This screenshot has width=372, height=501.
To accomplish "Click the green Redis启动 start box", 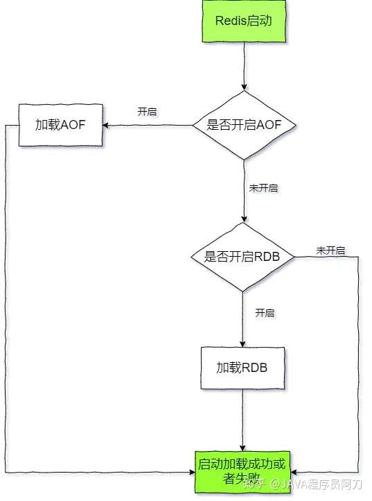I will point(243,21).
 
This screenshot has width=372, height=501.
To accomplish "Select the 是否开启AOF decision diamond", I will point(243,126).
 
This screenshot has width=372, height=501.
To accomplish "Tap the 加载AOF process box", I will point(61,126).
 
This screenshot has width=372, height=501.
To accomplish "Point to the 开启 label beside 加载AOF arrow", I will point(147,112).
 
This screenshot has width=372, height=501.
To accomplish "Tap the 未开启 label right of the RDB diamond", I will point(331,250).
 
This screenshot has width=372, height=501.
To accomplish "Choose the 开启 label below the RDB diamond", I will point(265,313).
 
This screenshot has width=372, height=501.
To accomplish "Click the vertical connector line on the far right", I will point(360,361).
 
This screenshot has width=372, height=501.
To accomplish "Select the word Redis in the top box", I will point(230,22).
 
